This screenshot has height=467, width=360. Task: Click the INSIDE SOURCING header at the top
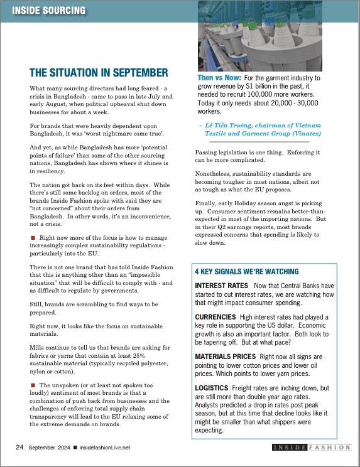(x=50, y=10)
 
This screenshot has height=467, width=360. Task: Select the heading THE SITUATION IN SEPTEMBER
(x=99, y=72)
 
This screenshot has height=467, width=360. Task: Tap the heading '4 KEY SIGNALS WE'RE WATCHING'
(x=246, y=272)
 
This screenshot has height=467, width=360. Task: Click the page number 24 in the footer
(x=19, y=447)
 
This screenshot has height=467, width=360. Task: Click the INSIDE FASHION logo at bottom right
(x=311, y=447)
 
